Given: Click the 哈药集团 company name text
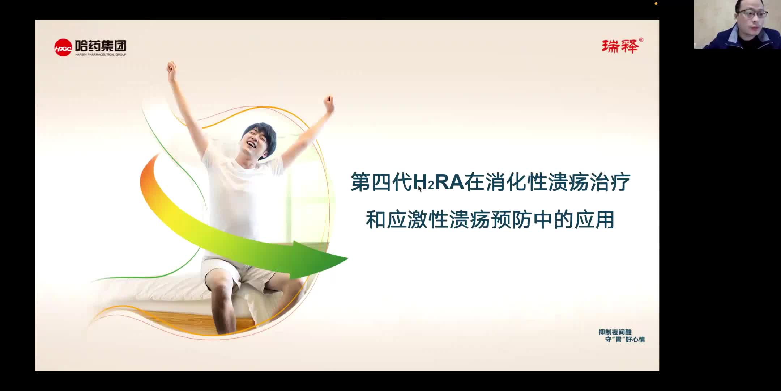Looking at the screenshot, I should pyautogui.click(x=101, y=46).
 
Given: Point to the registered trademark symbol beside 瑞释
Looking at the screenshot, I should pyautogui.click(x=641, y=40).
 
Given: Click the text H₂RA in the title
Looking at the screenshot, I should pyautogui.click(x=438, y=182).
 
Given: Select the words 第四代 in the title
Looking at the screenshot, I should pyautogui.click(x=381, y=182).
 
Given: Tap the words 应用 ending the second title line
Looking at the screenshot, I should pyautogui.click(x=594, y=220).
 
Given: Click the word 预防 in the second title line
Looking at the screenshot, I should pyautogui.click(x=511, y=220).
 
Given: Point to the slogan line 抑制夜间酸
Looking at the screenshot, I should pyautogui.click(x=615, y=332).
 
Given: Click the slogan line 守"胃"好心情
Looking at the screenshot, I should pyautogui.click(x=625, y=340).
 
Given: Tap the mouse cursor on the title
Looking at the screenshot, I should pyautogui.click(x=420, y=188).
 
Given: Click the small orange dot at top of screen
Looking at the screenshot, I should pyautogui.click(x=656, y=4).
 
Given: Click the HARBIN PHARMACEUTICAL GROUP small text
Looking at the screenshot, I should pyautogui.click(x=101, y=55).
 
